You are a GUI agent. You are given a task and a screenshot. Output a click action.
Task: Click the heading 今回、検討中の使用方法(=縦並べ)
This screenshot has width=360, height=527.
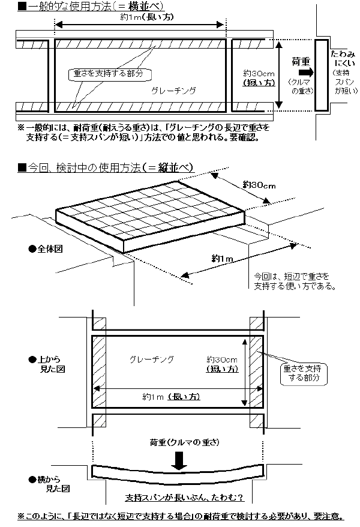coord(105,167)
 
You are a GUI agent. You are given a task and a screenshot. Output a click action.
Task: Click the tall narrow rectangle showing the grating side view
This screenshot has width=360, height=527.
coord(320,76)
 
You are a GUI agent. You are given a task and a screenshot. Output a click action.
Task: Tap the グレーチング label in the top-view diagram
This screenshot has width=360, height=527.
coord(152,359)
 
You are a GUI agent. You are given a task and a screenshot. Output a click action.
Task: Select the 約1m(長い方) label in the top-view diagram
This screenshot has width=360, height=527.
coord(171,397)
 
